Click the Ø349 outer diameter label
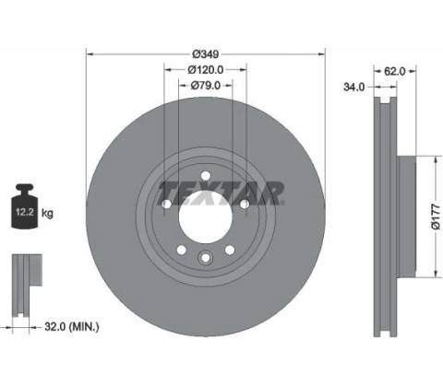click(206, 54)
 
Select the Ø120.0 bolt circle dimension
click(206, 70)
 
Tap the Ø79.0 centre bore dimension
click(206, 86)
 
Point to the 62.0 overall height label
click(395, 71)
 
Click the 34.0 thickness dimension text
click(353, 88)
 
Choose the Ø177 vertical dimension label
click(436, 217)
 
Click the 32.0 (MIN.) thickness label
click(72, 326)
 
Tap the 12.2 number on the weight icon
click(25, 212)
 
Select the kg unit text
click(47, 213)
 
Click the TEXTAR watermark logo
click(221, 193)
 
